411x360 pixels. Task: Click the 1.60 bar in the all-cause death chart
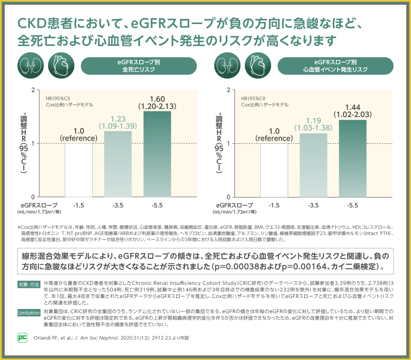[x=157, y=154]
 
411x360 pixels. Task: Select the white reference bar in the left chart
[x=79, y=170]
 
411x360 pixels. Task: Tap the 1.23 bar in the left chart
[x=118, y=164]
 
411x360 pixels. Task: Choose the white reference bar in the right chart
[x=274, y=170]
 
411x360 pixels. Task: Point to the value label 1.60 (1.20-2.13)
[x=157, y=102]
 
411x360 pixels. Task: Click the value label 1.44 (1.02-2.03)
[x=352, y=111]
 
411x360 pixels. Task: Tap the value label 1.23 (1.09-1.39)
[x=118, y=122]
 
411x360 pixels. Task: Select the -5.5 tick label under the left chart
[x=157, y=205]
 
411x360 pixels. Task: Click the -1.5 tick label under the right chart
[x=274, y=205]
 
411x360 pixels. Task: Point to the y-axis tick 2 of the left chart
[x=33, y=90]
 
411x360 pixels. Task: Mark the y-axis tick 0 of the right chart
[x=228, y=197]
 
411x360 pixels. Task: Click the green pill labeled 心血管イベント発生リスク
[x=335, y=66]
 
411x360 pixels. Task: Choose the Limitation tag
[x=29, y=312]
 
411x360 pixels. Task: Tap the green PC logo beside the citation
[x=22, y=338]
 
